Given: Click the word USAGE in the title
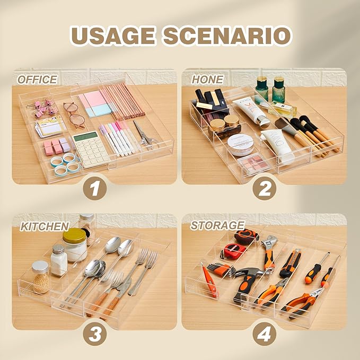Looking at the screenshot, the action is tap(112, 36).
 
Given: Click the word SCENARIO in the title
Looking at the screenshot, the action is tap(227, 36).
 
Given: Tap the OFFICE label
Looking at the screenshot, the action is tap(37, 80).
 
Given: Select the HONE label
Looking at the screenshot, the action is tap(207, 80).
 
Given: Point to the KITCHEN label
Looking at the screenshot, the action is tap(45, 226).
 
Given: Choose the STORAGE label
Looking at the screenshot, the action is tap(217, 225).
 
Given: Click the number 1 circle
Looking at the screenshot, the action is tap(95, 189).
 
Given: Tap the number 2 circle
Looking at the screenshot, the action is tap(265, 189).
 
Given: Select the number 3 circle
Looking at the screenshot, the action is tap(95, 334).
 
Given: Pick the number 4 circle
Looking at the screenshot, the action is tap(265, 334).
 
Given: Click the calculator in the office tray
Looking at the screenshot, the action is tap(91, 149).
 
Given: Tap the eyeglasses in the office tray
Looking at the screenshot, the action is tap(74, 115).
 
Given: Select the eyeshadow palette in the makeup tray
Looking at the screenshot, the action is tap(253, 163).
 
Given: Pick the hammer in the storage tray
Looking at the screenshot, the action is tap(247, 283).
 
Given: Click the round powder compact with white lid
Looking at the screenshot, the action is tap(241, 144).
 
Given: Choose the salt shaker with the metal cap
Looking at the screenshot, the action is tap(59, 260).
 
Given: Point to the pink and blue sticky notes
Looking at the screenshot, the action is tap(95, 104).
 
